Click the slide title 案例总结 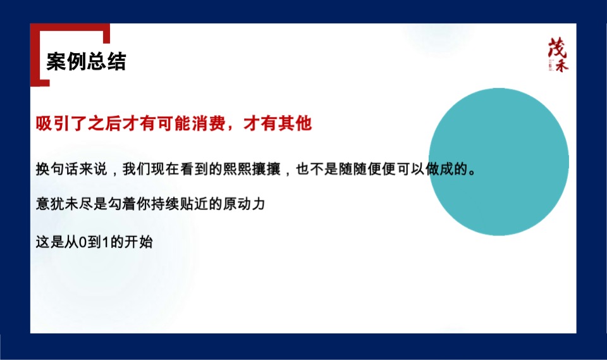(86, 62)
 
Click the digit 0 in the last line (84, 242)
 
